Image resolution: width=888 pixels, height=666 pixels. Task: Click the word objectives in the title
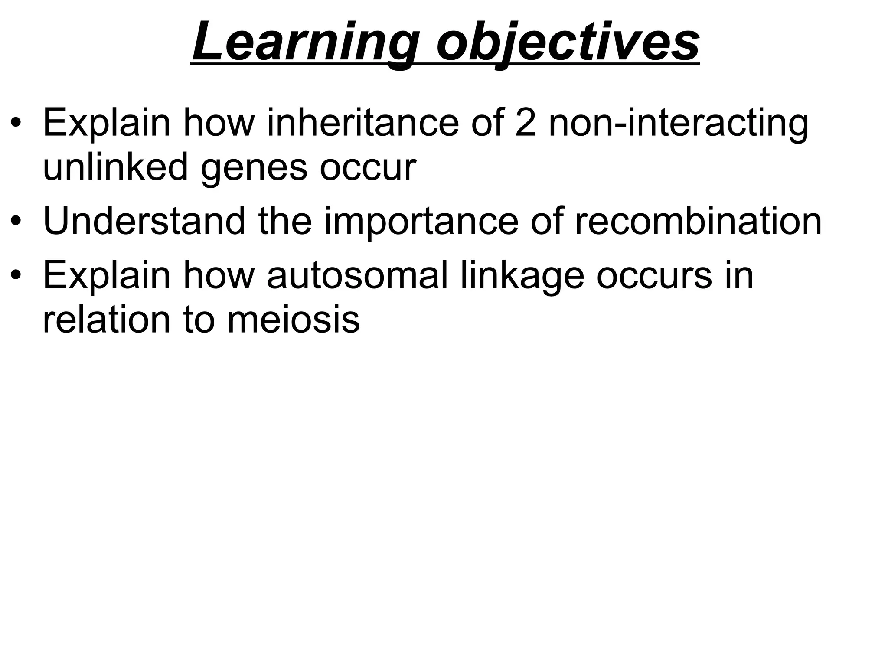tap(568, 43)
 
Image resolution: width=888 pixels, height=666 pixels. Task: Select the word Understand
tap(144, 221)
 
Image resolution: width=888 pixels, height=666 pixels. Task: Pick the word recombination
tap(698, 221)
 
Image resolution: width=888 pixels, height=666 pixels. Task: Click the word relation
tap(106, 320)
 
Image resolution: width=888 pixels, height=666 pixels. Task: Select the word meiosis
tap(293, 320)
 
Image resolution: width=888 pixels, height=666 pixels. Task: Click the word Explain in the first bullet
tap(107, 124)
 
